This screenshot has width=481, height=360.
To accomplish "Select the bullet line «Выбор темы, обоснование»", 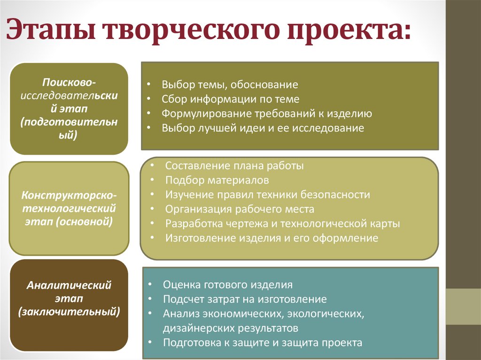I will coord(230,85).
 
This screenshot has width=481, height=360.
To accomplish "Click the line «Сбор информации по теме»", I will coord(231,99).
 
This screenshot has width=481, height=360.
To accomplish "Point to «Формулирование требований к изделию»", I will coord(267,114).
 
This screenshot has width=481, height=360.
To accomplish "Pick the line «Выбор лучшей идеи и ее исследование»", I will coord(263,128).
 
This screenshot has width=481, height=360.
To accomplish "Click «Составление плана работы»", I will coord(234,166).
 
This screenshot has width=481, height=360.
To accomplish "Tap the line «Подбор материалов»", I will coord(217,180).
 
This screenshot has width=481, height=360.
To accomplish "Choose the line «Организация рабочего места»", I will coord(240,209).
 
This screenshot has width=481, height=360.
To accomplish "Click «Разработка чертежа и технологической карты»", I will coord(282,223).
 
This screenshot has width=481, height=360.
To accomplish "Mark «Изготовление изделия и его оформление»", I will coord(272,238).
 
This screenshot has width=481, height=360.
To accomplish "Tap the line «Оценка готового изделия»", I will coord(228,284).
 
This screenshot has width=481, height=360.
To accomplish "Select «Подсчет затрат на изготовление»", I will coord(245,299).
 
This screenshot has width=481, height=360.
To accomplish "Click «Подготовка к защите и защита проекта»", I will coord(263,342).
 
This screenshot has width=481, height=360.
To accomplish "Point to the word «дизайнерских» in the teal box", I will coord(195,328).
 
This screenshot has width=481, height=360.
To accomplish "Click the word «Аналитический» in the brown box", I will coord(69,285).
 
